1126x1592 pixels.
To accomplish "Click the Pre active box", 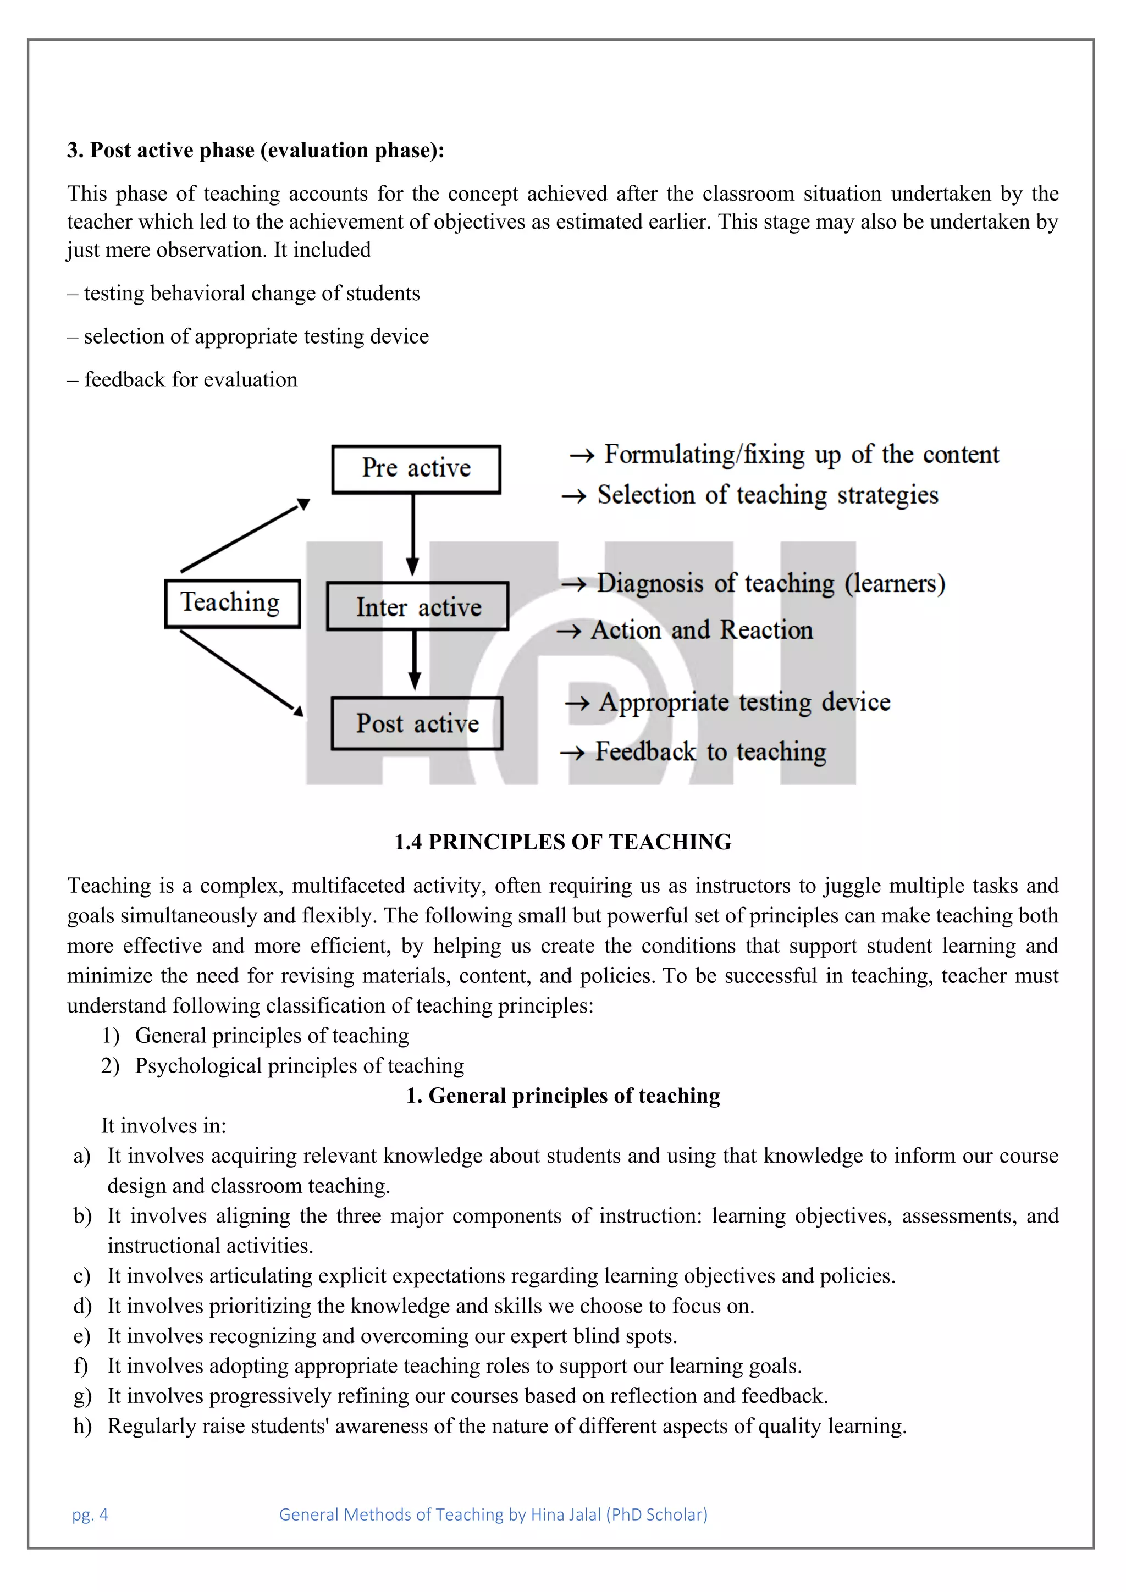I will [416, 469].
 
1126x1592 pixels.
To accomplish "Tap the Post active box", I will [417, 723].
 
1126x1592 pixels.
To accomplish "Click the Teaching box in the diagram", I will [232, 603].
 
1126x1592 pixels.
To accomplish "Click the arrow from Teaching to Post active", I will [240, 671].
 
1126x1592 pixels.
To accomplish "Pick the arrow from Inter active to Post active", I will [415, 659].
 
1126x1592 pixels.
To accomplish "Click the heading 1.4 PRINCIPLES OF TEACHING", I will [562, 842].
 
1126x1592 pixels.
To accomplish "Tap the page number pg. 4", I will [90, 1514].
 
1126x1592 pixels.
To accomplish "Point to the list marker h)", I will [82, 1427].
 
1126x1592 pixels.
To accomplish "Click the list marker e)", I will [82, 1336].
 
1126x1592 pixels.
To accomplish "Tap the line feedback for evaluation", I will [183, 380].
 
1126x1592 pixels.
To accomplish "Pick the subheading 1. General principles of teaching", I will [562, 1096].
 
